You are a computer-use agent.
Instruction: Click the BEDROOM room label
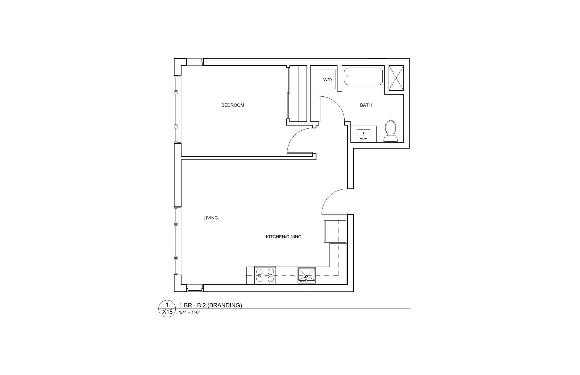(233, 105)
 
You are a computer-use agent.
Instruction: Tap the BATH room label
(366, 105)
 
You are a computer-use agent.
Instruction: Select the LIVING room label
(211, 218)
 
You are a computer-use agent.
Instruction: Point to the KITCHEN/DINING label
(283, 237)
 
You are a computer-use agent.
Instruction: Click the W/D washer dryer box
(328, 80)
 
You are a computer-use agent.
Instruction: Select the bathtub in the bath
(363, 76)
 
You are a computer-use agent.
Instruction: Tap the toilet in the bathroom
(390, 131)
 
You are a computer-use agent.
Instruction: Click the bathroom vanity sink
(363, 134)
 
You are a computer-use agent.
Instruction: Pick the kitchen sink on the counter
(306, 275)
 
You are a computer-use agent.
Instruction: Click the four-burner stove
(265, 275)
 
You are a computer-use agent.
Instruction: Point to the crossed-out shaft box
(396, 78)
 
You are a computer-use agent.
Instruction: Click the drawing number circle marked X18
(167, 309)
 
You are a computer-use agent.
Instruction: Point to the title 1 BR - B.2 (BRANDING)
(210, 305)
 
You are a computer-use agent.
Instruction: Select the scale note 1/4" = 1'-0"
(190, 312)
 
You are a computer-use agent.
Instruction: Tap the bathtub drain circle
(347, 76)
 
